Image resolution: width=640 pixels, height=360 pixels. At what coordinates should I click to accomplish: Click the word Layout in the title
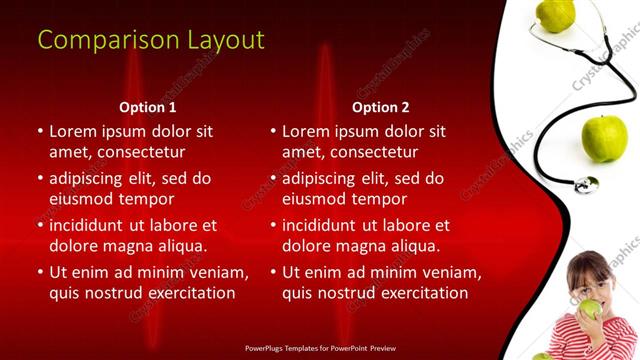pyautogui.click(x=225, y=40)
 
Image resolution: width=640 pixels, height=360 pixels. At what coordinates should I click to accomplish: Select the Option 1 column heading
pyautogui.click(x=147, y=106)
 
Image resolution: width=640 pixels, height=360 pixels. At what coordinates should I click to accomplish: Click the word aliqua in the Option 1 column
pyautogui.click(x=180, y=245)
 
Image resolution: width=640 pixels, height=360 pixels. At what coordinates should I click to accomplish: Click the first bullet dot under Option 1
pyautogui.click(x=40, y=131)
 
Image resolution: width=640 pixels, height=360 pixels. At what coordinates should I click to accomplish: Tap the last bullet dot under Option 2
pyautogui.click(x=273, y=273)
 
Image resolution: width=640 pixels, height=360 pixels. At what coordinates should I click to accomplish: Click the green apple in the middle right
pyautogui.click(x=604, y=138)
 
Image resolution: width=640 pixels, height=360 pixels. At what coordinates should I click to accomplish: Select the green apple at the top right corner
pyautogui.click(x=556, y=13)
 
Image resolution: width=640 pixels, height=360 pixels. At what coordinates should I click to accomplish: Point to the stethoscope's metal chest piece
pyautogui.click(x=586, y=184)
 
